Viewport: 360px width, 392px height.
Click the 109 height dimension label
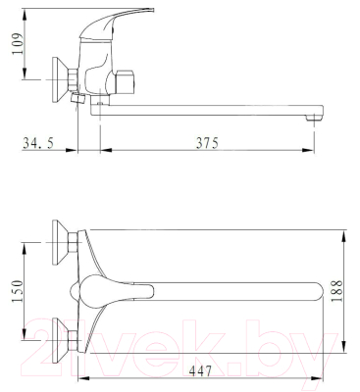coord(18,43)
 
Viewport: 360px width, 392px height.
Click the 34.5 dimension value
coord(38,143)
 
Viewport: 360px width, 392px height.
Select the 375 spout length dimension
coord(207,143)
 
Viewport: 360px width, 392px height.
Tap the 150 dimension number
coord(18,291)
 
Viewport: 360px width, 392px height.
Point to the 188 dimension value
coord(336,291)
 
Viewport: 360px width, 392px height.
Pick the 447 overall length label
coord(200,370)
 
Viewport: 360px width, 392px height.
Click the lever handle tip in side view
coord(151,9)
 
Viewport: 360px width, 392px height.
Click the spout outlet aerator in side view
coord(314,118)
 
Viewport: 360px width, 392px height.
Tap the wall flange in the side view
coord(60,80)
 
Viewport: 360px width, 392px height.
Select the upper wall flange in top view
coord(60,242)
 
